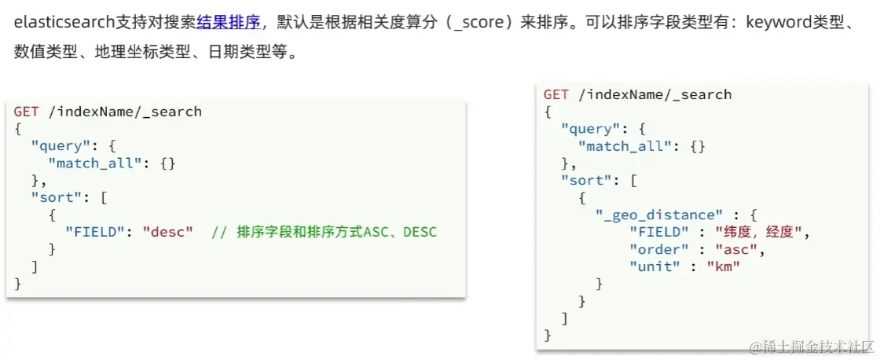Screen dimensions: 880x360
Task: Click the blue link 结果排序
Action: tap(229, 22)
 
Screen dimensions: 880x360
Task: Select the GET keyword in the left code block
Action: tap(25, 112)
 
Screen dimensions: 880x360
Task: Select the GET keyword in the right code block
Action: tap(555, 94)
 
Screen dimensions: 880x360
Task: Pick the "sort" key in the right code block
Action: tap(586, 180)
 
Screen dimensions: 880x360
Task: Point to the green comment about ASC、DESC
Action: tap(324, 232)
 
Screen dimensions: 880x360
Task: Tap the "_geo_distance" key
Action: tap(659, 215)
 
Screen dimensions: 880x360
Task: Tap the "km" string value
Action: tap(723, 266)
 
